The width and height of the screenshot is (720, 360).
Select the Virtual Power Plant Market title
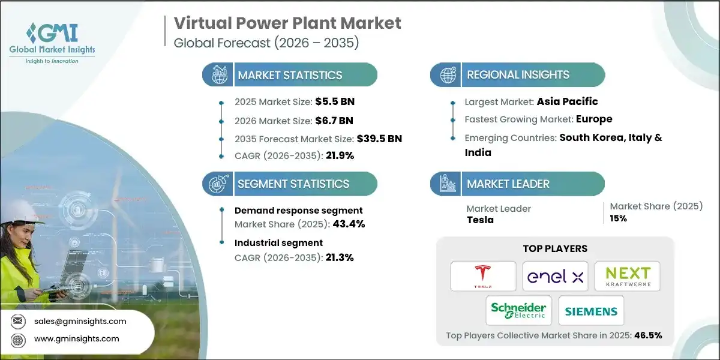point(287,23)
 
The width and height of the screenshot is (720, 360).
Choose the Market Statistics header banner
point(290,75)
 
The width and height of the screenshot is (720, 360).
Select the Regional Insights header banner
point(517,75)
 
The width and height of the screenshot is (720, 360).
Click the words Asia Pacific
point(567,101)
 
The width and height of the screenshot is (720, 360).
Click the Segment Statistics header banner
point(290,184)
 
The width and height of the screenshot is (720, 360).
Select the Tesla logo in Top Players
point(484,276)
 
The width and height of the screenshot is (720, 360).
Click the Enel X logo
point(555,277)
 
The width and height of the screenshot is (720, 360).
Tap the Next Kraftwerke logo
point(627,277)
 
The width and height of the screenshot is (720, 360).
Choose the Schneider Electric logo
point(519,310)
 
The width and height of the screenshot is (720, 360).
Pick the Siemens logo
point(591,311)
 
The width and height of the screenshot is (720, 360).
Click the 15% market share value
point(619,218)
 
